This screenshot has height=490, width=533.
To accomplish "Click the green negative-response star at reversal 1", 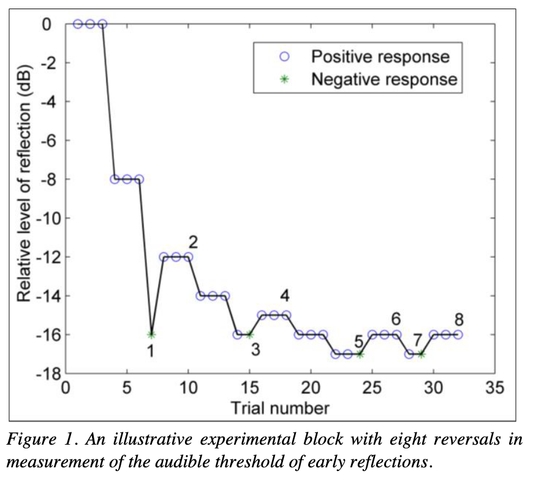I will click(x=151, y=334).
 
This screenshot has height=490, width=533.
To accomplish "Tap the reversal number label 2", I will click(x=193, y=241).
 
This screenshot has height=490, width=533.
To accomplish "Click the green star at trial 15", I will click(x=249, y=334).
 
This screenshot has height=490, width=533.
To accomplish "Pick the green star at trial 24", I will click(x=360, y=354).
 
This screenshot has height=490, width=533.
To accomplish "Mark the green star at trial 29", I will click(x=421, y=354).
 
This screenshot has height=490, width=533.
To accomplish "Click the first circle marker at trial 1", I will click(x=78, y=24).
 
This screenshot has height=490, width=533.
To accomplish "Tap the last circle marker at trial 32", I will click(x=458, y=334).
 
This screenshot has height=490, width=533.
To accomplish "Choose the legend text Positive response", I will click(x=380, y=57).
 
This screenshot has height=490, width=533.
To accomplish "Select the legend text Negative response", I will click(x=384, y=79).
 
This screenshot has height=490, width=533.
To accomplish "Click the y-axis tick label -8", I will click(x=49, y=179).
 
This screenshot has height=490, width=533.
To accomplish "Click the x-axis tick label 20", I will click(x=311, y=390).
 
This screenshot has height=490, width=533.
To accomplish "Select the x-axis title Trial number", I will click(x=280, y=407).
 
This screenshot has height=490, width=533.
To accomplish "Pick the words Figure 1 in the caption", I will click(x=37, y=440).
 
